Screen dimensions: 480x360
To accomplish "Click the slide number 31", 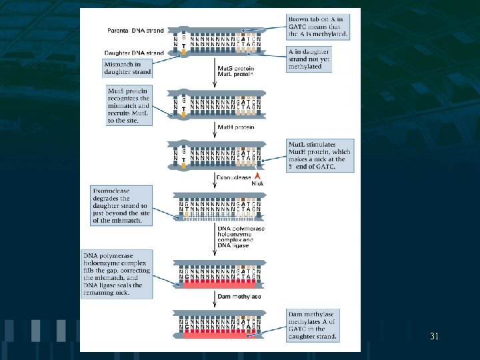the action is tap(434, 337).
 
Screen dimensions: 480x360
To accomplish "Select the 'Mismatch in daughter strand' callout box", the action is tap(127, 68).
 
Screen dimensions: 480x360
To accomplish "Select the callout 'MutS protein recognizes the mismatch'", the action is tap(128, 104).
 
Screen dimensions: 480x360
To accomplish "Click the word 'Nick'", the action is tap(258, 183).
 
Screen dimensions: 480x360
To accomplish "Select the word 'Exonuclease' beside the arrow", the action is tap(233, 177).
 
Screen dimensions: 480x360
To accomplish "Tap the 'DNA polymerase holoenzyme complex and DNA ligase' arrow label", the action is tap(241, 237).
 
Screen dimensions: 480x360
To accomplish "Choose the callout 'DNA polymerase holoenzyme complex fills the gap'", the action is tap(116, 273).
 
